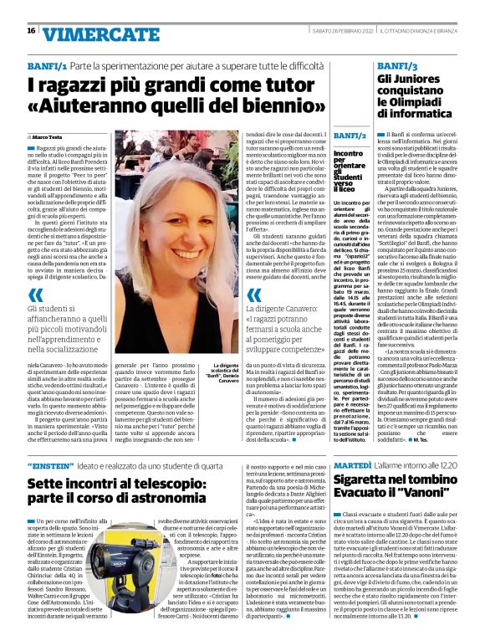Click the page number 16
coord(30,30)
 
